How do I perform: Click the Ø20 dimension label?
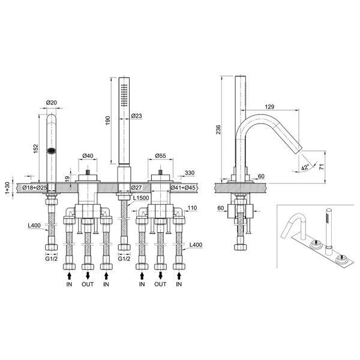52,103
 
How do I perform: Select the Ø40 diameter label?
88,157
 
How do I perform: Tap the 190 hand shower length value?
108,119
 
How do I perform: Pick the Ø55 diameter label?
161,157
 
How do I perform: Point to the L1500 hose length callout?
141,198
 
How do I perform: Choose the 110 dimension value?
193,208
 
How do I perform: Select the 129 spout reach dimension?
270,107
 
